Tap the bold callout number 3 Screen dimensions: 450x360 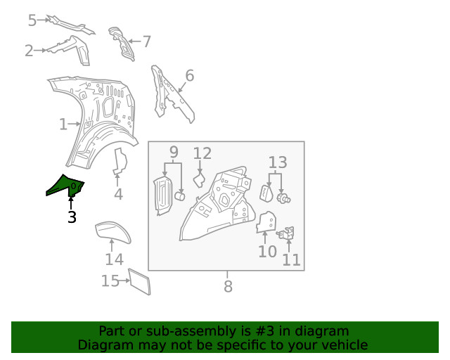[72, 217]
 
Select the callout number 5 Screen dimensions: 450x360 [32, 20]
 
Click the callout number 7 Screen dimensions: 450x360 [147, 41]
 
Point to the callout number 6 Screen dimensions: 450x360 [190, 76]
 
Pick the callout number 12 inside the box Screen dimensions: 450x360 [202, 153]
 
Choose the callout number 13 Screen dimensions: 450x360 [278, 162]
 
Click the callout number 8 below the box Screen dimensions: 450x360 [228, 286]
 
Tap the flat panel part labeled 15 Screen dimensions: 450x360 [139, 282]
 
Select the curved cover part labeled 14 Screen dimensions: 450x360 [112, 231]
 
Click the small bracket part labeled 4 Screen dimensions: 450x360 [120, 162]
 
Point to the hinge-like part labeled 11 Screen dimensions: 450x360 [286, 233]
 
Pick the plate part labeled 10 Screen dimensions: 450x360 [266, 222]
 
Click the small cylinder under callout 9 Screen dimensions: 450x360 [179, 196]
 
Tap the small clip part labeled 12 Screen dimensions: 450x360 [200, 180]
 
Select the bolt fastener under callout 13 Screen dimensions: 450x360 [283, 198]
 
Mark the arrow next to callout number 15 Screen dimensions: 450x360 [124, 281]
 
